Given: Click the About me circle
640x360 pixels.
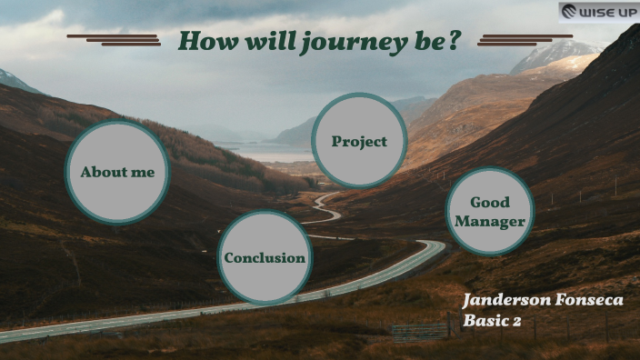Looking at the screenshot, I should pos(117,172).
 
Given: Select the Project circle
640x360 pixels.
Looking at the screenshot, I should pos(359,141).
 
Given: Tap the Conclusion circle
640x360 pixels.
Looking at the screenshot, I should pos(265,257).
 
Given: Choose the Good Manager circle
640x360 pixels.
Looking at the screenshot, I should pos(490,212).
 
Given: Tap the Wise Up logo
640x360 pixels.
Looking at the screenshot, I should pos(598,12).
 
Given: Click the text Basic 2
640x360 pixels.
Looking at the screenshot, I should pos(492,320).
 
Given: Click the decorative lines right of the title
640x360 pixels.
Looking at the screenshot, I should pos(525,39).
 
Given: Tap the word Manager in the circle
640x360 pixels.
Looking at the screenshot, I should pos(490,222).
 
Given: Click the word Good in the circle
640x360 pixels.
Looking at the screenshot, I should pos(490,202).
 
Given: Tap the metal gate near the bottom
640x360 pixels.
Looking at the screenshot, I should pos(421,329).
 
